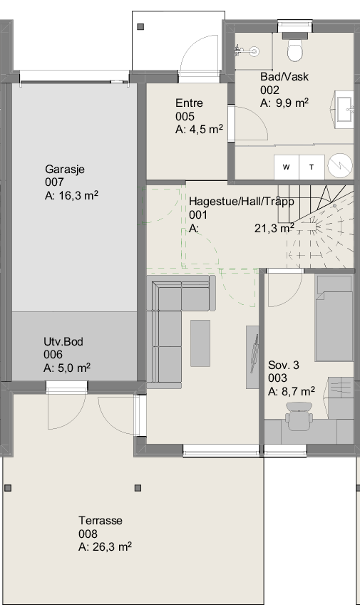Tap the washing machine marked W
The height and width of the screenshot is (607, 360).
(287, 167)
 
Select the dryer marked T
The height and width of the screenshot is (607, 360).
(312, 167)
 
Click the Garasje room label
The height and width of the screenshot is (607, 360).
(65, 169)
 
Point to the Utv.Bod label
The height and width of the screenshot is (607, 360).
(63, 341)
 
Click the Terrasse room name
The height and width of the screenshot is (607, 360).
(101, 520)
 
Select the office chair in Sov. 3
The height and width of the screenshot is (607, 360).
(299, 416)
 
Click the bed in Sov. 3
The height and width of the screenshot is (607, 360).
(334, 318)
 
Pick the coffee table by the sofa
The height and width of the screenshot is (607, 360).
(200, 343)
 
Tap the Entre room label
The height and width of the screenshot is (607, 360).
(189, 103)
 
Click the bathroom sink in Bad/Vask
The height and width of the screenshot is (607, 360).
(344, 110)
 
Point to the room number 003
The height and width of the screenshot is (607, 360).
(277, 378)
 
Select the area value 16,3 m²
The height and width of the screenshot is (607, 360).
(78, 195)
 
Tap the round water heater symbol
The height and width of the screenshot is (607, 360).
(340, 166)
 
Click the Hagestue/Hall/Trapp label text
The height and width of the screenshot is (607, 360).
(242, 202)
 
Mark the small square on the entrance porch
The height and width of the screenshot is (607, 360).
(140, 26)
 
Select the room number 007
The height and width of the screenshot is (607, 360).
(54, 182)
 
